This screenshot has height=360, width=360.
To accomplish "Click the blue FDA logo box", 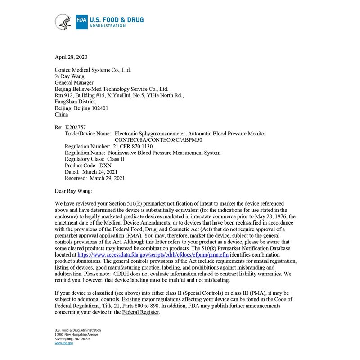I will click(81, 22).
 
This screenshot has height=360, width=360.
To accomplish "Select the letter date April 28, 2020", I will click(71, 57).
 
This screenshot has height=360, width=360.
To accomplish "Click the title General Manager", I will click(74, 83).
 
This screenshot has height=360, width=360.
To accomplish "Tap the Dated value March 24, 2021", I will click(100, 171).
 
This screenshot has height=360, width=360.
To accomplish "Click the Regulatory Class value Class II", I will click(116, 159).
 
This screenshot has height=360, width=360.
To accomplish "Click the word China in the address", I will click(61, 114).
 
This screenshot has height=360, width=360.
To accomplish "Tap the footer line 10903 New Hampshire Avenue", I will click(76, 334).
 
